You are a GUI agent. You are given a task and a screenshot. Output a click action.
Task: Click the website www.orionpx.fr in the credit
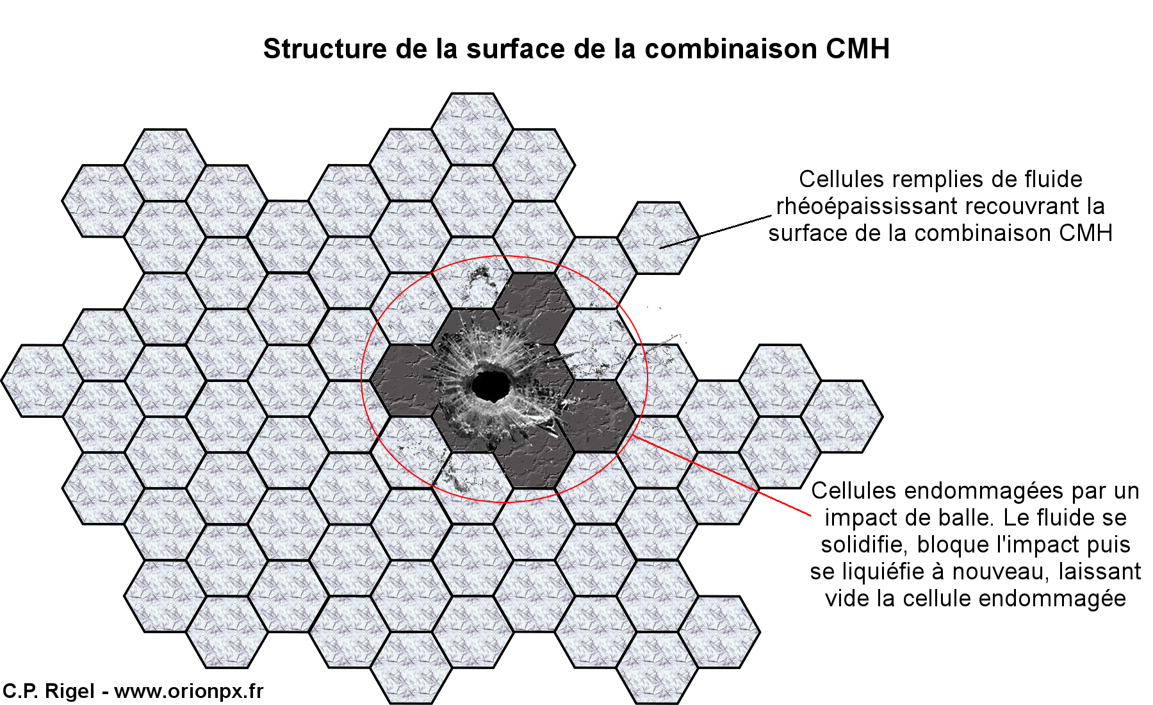pyautogui.click(x=189, y=691)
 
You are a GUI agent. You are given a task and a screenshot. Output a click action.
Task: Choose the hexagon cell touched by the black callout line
pyautogui.click(x=658, y=238)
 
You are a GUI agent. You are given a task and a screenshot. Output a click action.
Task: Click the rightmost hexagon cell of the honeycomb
pyautogui.click(x=842, y=417)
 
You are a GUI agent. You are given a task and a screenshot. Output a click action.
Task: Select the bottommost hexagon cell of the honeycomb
pyautogui.click(x=411, y=668)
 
